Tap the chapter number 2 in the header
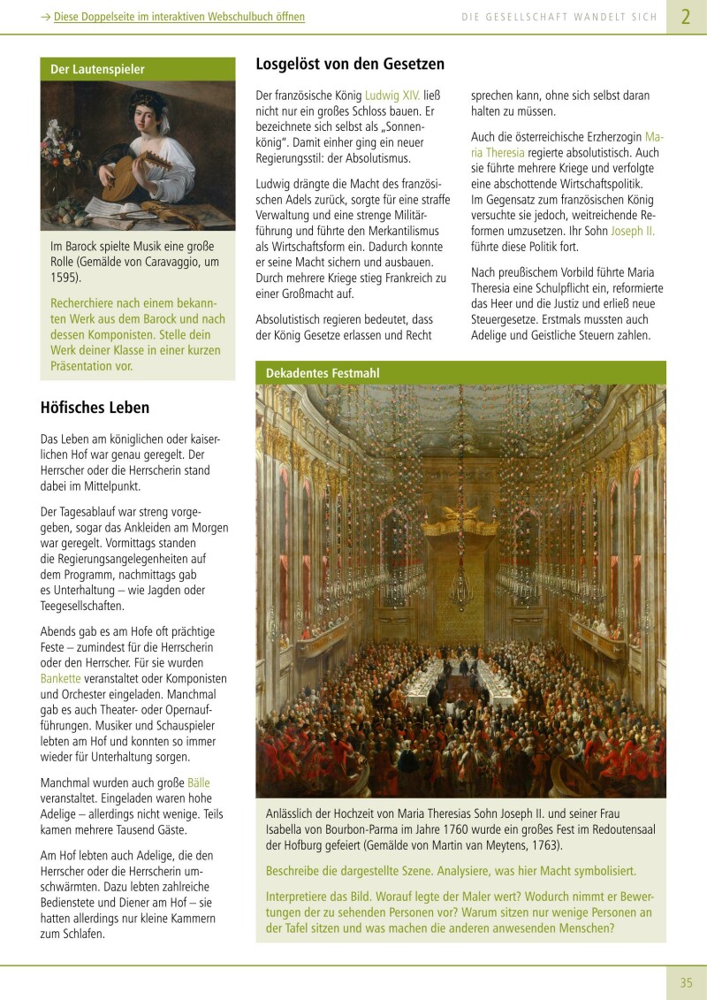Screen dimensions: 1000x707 click(x=686, y=17)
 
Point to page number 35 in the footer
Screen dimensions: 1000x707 click(x=687, y=982)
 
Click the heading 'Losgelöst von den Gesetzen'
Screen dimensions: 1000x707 click(x=350, y=65)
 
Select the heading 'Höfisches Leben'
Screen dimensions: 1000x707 click(x=95, y=408)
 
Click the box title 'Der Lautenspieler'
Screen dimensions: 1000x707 click(x=97, y=69)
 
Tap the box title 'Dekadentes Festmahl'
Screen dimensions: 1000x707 click(x=323, y=373)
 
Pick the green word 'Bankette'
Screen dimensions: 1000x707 click(x=60, y=678)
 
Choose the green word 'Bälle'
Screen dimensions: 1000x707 click(x=198, y=783)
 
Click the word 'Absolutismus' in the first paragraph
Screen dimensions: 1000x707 click(x=378, y=158)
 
